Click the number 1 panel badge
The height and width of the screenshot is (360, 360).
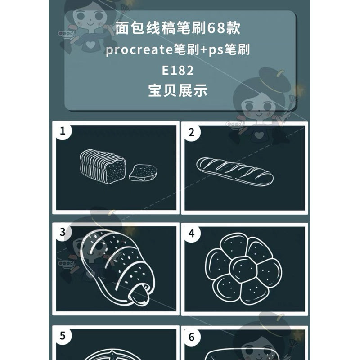coord(63,131)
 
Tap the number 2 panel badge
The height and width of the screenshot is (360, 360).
coord(192,132)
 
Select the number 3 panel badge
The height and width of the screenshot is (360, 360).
coord(63,232)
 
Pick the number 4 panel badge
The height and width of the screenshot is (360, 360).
coord(192,234)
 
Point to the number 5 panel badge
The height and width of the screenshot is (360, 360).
coord(63,336)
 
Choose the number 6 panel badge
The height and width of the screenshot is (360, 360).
coord(192,337)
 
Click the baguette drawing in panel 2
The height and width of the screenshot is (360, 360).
coord(234,171)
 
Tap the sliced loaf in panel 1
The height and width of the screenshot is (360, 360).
coord(103,166)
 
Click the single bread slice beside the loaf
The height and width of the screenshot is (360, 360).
coord(143,173)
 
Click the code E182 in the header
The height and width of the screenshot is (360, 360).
coord(178,71)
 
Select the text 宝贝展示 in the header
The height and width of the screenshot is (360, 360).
coord(178,91)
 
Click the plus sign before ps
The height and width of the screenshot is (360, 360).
coord(203,50)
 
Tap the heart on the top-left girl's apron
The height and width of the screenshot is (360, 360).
coord(90,44)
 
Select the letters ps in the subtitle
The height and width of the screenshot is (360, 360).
coord(216,50)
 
